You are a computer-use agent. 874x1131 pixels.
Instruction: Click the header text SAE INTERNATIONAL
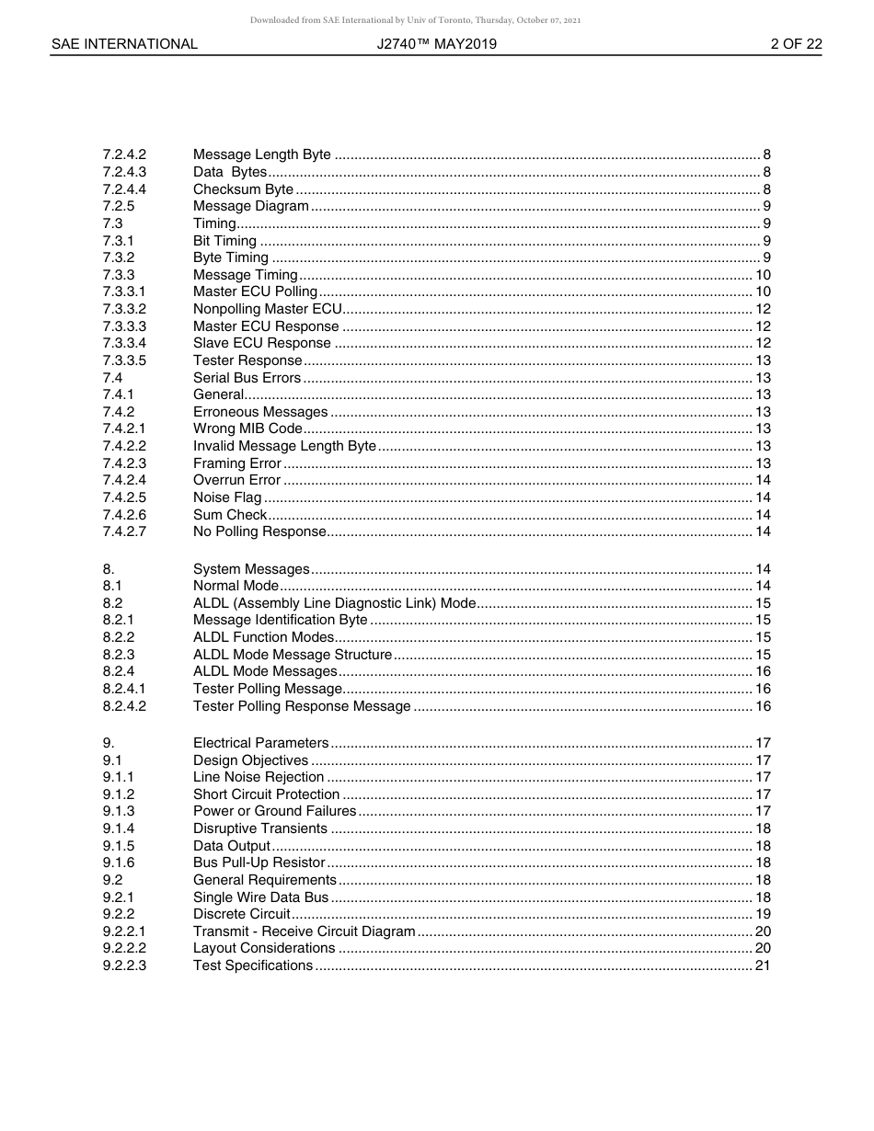[124, 44]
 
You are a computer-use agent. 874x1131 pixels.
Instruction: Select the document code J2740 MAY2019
[437, 44]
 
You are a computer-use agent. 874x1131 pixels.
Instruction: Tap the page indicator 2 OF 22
[796, 44]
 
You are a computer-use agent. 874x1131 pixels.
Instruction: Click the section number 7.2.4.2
[124, 154]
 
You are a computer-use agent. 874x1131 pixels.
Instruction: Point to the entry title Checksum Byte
[243, 189]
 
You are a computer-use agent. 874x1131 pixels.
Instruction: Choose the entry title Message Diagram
[250, 206]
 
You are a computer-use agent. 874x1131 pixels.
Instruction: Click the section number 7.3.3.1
[124, 291]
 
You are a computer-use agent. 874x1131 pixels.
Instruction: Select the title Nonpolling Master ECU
[267, 309]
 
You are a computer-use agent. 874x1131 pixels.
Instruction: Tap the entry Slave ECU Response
[261, 343]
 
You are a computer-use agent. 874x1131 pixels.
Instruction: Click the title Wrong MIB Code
[247, 428]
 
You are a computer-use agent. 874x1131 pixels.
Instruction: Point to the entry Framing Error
[236, 463]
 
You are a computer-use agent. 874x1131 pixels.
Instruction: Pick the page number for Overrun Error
[763, 480]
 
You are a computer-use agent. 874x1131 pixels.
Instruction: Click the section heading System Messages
[251, 569]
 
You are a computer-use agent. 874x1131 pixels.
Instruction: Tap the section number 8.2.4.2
[124, 706]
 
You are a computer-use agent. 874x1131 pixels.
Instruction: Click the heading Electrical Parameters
[260, 743]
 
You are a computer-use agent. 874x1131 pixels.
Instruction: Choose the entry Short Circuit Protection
[266, 794]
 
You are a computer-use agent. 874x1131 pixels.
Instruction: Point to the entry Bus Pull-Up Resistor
[259, 863]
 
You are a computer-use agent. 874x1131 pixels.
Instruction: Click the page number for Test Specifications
[763, 965]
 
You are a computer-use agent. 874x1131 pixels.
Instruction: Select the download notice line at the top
[415, 20]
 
